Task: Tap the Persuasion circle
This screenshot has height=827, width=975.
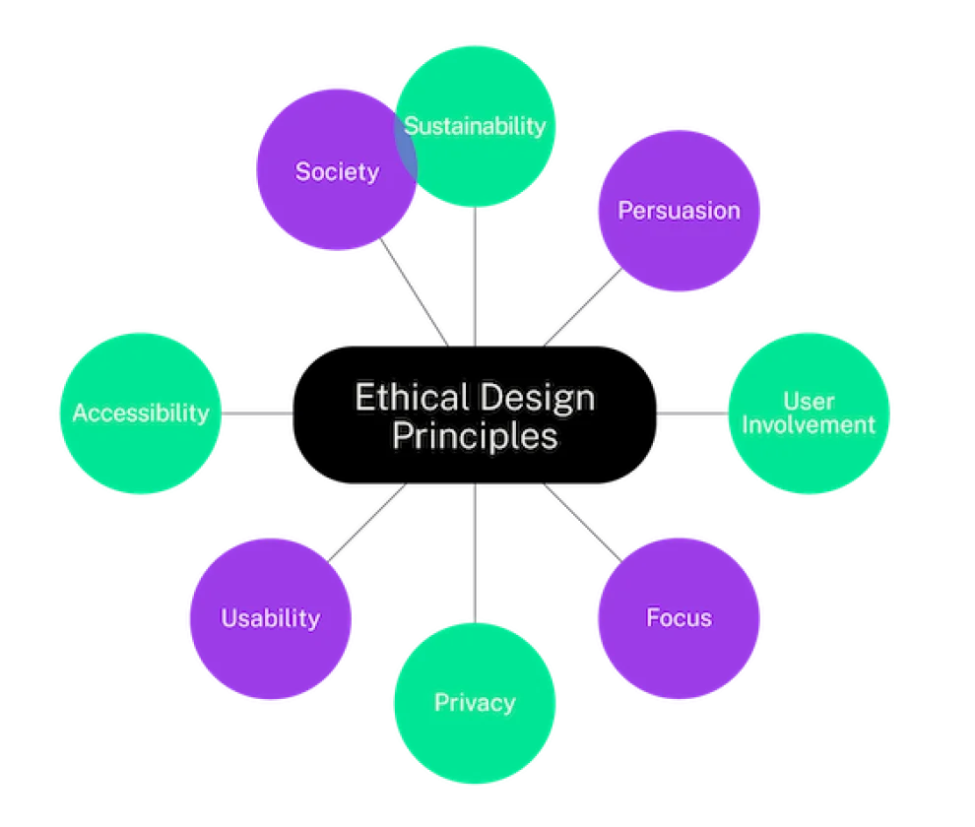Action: pos(679,211)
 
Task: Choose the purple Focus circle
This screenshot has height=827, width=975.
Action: pos(679,617)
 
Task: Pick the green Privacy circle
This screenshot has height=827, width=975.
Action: pos(475,703)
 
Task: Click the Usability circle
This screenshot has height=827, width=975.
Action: pos(270,618)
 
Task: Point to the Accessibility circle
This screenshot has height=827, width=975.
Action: pos(140,413)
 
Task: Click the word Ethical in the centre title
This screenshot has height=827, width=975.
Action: pos(411,399)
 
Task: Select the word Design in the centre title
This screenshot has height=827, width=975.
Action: pos(536,399)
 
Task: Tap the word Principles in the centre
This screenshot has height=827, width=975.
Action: pos(475,436)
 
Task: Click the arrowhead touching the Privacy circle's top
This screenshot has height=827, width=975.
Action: pos(476,617)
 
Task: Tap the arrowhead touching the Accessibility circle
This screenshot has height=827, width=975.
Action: pos(227,414)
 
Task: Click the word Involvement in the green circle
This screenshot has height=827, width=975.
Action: pos(809,425)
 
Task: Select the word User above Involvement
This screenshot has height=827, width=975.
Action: pos(809,401)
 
